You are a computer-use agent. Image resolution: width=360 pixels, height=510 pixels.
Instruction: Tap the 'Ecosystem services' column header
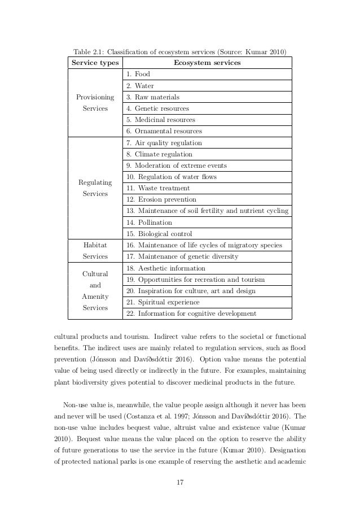(207, 63)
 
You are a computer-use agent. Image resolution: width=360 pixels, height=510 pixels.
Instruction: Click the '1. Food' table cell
(138, 74)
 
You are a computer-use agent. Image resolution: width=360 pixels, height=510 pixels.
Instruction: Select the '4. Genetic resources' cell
(157, 108)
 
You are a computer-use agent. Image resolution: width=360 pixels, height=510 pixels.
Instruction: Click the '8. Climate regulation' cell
(159, 154)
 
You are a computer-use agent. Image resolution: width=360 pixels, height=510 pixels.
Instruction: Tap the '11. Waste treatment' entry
(158, 188)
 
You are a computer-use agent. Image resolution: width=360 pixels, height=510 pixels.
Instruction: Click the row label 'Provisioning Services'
(95, 103)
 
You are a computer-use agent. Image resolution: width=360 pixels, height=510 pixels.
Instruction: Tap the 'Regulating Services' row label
(95, 188)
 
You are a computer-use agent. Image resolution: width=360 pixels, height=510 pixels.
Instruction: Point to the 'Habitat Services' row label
(95, 251)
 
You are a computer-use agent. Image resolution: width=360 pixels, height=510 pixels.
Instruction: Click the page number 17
(180, 482)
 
